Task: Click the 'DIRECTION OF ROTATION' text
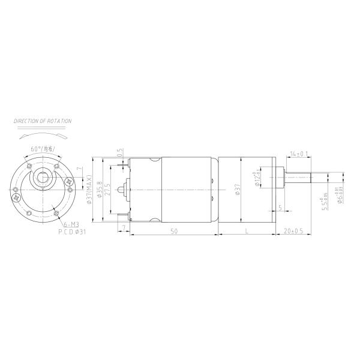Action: click(43, 121)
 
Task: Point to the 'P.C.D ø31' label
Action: click(72, 231)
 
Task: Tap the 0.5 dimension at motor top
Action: click(119, 153)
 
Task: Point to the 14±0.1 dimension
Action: click(298, 154)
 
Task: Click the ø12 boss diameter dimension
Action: click(257, 180)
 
